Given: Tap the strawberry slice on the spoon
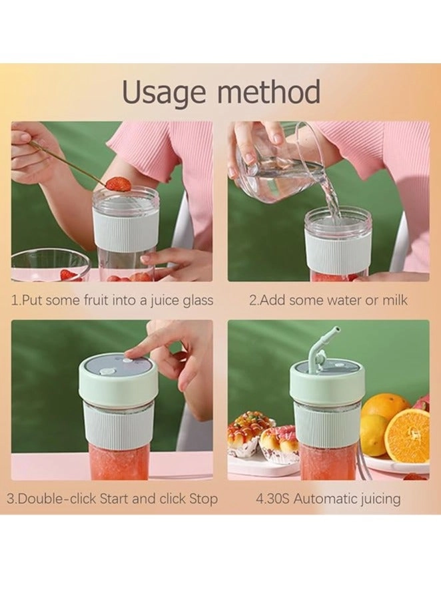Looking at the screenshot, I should click(x=119, y=184).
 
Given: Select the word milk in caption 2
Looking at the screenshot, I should click(x=394, y=300).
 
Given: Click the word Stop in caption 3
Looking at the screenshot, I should click(x=203, y=499).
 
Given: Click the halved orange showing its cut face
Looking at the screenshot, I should click(x=407, y=435).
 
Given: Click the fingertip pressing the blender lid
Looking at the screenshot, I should click(x=131, y=355).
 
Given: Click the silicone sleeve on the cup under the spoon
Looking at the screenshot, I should click(x=125, y=230).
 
